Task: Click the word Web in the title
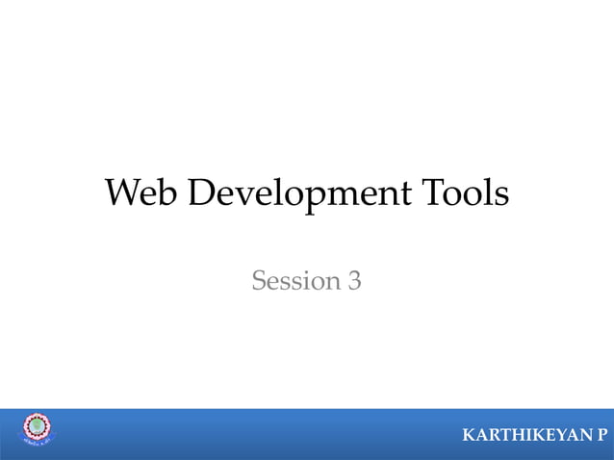click(142, 194)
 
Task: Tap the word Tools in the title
click(464, 194)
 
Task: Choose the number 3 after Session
click(354, 281)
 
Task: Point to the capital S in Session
click(258, 281)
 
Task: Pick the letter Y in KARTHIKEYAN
click(551, 437)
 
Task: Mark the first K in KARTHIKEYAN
click(469, 437)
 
